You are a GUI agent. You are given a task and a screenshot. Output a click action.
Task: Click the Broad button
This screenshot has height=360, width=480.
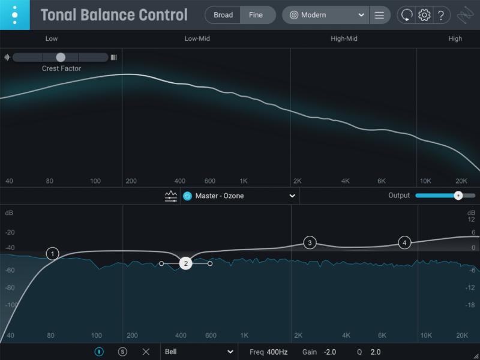(x=223, y=15)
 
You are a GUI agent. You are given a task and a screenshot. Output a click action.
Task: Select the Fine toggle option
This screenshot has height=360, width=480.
(x=256, y=15)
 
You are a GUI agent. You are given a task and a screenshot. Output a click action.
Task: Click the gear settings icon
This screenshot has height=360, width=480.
(x=424, y=15)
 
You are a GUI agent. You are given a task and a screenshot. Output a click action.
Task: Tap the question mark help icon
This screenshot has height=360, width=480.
(x=441, y=15)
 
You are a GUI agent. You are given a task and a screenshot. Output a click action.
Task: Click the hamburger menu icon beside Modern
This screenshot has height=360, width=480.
(x=379, y=15)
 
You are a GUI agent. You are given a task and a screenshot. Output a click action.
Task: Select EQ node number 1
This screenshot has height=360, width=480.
(x=53, y=254)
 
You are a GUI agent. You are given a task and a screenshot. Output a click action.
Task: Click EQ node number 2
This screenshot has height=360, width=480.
(x=186, y=263)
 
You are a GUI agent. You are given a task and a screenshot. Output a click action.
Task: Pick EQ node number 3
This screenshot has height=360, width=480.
(x=310, y=242)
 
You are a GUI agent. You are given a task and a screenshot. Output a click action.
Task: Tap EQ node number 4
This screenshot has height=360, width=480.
(x=404, y=242)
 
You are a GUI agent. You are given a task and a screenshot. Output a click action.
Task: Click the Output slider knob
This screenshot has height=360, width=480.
(x=458, y=196)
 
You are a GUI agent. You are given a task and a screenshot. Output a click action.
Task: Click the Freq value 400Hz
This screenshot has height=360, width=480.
(x=277, y=352)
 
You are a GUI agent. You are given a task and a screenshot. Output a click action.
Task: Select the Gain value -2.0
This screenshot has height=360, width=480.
(x=330, y=352)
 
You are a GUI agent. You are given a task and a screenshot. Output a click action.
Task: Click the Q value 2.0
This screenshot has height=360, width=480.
(x=376, y=352)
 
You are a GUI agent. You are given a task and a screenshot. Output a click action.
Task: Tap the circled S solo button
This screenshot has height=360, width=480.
(x=123, y=352)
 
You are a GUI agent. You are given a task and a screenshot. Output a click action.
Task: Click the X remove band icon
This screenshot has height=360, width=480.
(x=146, y=352)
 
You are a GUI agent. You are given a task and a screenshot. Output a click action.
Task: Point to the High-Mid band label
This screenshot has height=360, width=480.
(x=344, y=39)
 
